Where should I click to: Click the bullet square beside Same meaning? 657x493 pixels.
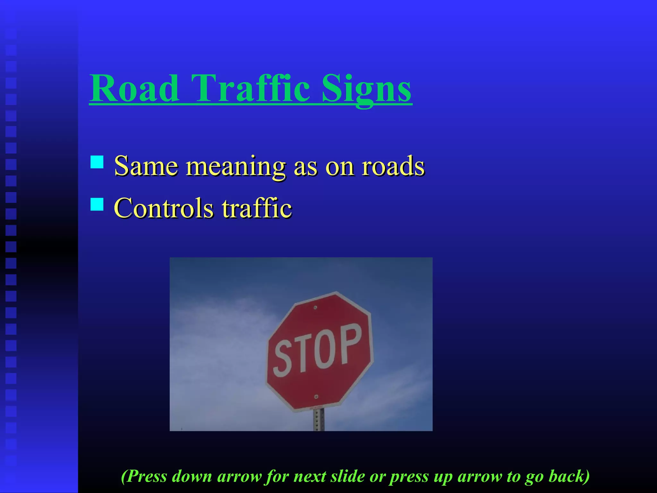point(97,162)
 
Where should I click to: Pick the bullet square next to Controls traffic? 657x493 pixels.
point(97,204)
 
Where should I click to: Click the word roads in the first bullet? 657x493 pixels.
point(393,166)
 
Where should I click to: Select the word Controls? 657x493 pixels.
point(164,208)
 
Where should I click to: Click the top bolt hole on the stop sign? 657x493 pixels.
point(315,307)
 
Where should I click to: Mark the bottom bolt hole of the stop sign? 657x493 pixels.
point(316,397)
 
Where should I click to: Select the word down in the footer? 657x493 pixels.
point(192,476)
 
